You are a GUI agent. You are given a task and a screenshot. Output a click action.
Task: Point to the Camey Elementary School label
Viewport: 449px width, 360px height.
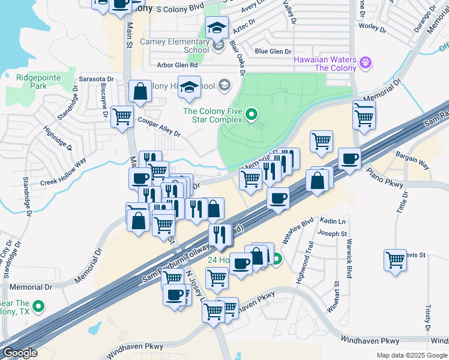pos(174,46)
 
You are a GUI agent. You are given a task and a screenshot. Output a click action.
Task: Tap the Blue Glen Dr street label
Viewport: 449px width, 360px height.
pos(273,52)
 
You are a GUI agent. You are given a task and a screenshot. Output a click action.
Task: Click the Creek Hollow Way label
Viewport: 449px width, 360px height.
pos(63,172)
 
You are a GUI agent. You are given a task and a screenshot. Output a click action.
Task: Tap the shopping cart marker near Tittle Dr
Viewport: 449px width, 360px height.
pos(395,260)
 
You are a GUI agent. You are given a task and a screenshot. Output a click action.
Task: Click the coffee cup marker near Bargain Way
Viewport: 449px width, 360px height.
pos(350,159)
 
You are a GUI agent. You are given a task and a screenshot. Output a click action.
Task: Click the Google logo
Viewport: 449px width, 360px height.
pos(20,353)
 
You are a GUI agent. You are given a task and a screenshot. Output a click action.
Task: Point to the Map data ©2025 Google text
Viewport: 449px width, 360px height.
pos(411,355)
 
